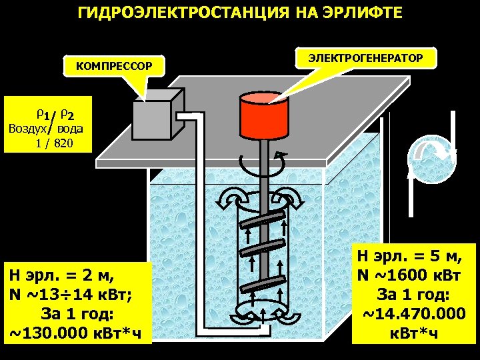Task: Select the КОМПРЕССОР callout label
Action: pyautogui.click(x=114, y=66)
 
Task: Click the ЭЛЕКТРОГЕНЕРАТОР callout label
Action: pyautogui.click(x=365, y=59)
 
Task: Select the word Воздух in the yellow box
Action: pyautogui.click(x=29, y=129)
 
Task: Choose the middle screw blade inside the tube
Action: pyautogui.click(x=261, y=250)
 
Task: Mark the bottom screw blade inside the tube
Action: pyautogui.click(x=261, y=284)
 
